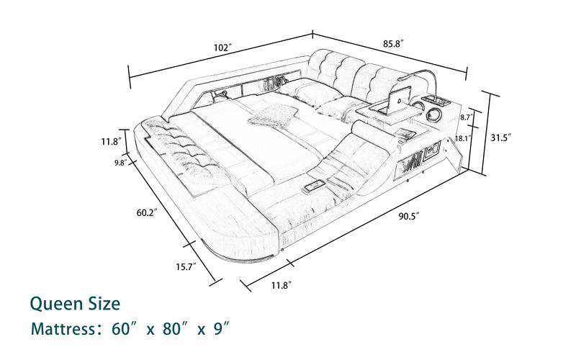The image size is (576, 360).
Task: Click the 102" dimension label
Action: coord(223,48)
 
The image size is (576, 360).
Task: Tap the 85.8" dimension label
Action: coord(394,44)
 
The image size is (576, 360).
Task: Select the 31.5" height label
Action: coord(501,138)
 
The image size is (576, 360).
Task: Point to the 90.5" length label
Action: coord(409,217)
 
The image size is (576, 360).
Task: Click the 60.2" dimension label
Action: coord(147,212)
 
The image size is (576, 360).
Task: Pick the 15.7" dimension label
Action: coord(186,266)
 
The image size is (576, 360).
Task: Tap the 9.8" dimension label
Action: coord(120,163)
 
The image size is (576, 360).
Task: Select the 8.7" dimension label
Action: coord(467,117)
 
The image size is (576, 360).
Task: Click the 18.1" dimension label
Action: coord(463,138)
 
